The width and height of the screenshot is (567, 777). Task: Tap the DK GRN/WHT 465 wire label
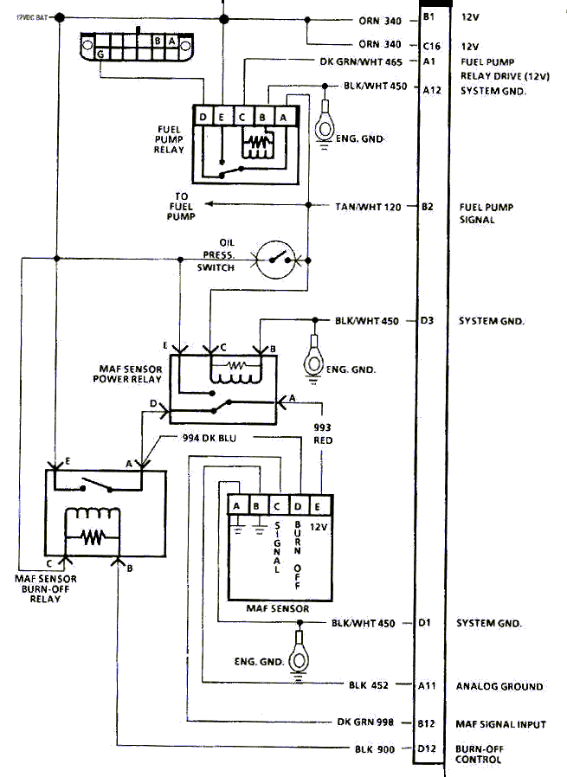[362, 61]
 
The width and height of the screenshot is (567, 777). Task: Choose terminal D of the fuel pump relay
[203, 117]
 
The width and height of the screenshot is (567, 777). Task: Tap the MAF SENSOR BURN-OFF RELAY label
[46, 588]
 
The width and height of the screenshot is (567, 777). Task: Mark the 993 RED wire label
[322, 433]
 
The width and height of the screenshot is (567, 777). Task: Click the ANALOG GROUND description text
[499, 686]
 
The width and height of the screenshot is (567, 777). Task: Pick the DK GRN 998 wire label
[370, 721]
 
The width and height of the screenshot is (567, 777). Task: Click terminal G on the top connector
[101, 54]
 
